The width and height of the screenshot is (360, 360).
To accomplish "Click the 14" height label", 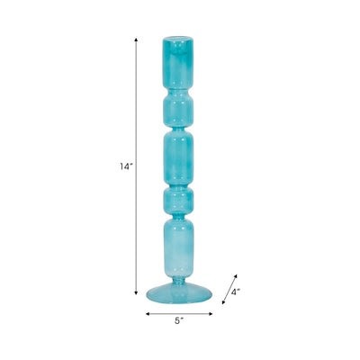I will pyautogui.click(x=125, y=166).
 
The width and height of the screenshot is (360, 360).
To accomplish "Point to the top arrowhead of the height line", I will pyautogui.click(x=137, y=40).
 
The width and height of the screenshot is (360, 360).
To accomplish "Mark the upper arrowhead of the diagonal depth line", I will pyautogui.click(x=237, y=274).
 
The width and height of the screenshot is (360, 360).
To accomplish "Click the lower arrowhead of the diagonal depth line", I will pyautogui.click(x=222, y=305).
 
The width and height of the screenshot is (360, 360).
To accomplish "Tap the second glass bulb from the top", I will pyautogui.click(x=180, y=110).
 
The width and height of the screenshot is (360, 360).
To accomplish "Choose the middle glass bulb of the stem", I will pyautogui.click(x=180, y=157).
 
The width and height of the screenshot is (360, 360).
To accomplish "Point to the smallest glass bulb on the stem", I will pyautogui.click(x=180, y=197).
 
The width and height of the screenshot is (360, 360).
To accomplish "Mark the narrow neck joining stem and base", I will pyautogui.click(x=180, y=279).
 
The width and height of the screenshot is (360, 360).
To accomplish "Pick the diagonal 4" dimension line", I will pyautogui.click(x=229, y=290).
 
